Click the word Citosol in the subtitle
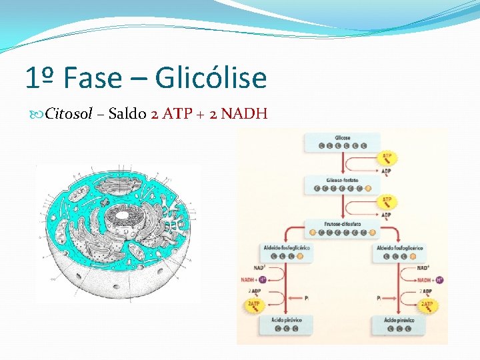(x=69, y=113)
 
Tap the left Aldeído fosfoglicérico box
(x=286, y=251)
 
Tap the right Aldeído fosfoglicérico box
(x=399, y=251)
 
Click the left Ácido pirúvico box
(x=286, y=325)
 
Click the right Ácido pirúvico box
(x=399, y=325)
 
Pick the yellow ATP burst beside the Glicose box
(x=387, y=157)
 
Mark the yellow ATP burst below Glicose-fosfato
(x=387, y=200)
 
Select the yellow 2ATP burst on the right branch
(x=427, y=306)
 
